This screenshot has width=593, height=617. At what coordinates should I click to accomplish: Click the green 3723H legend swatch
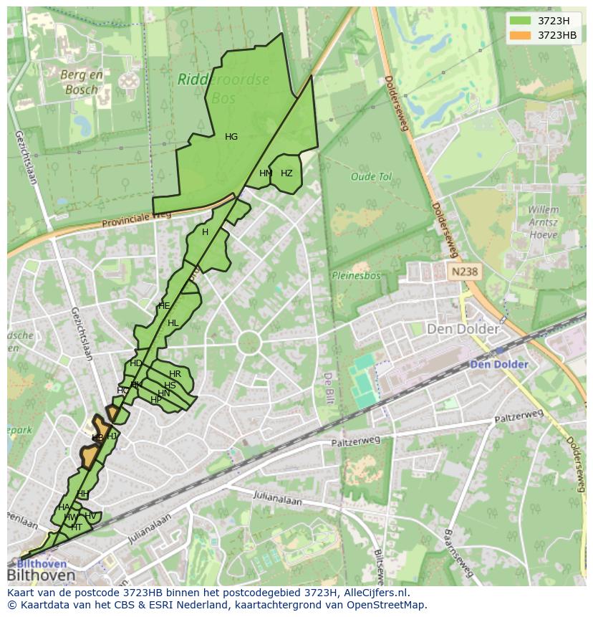click(521, 21)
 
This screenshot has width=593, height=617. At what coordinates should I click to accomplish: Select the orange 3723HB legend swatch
click(521, 35)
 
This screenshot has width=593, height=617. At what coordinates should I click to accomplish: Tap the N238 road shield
click(463, 272)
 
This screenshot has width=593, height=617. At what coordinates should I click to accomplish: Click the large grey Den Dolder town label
click(463, 329)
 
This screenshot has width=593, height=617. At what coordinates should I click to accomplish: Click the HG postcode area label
click(231, 137)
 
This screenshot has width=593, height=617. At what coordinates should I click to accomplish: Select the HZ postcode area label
click(286, 173)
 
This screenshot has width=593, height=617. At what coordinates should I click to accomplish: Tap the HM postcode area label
click(266, 173)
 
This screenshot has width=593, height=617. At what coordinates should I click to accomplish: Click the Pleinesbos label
click(355, 274)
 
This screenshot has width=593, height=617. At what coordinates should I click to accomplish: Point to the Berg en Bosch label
click(81, 82)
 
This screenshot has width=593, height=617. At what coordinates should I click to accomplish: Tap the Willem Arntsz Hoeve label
click(543, 222)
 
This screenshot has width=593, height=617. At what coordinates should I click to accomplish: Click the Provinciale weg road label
click(136, 219)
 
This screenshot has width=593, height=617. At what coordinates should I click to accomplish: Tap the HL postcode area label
click(173, 323)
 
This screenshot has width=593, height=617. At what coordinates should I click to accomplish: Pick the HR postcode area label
click(175, 374)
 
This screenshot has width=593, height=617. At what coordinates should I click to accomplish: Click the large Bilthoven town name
click(41, 575)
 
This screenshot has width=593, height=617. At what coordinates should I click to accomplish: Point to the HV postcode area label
click(90, 516)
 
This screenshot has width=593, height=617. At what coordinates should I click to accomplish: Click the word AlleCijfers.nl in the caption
click(375, 593)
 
